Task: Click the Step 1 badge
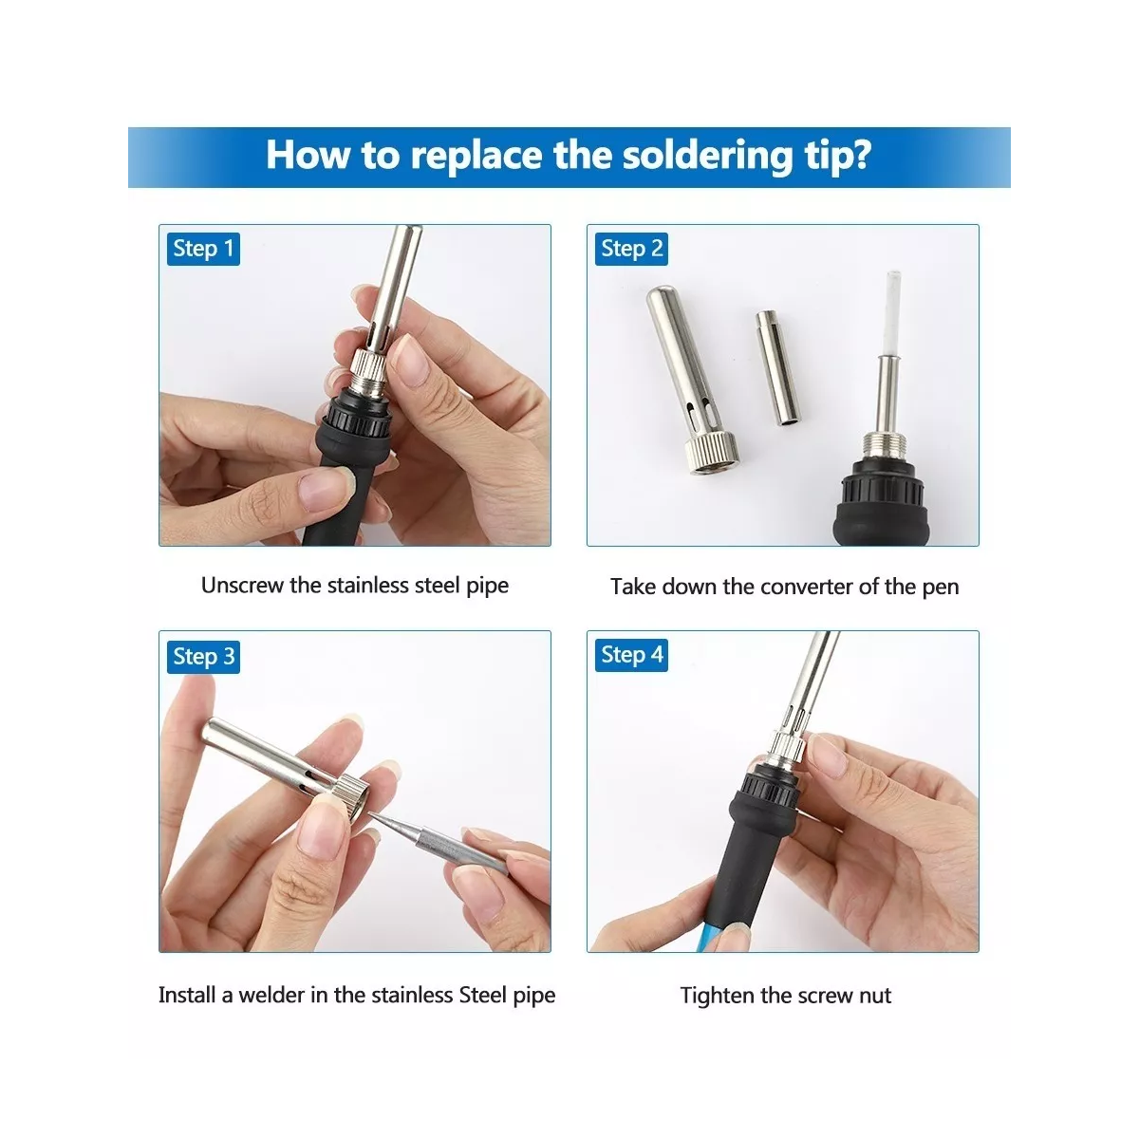click(203, 249)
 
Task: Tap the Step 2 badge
click(631, 249)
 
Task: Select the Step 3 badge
click(203, 657)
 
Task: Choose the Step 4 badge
click(631, 655)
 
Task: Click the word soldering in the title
click(707, 156)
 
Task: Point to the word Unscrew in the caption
click(242, 586)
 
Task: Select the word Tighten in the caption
click(718, 996)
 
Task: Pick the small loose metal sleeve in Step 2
click(777, 367)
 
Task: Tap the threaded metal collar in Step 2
click(885, 446)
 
